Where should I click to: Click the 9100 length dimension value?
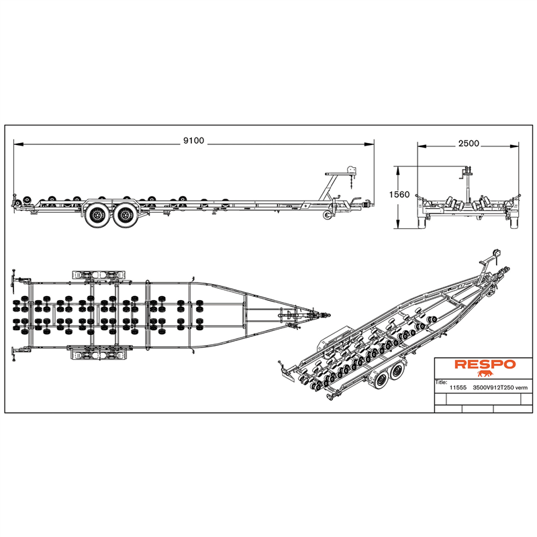tap(193, 141)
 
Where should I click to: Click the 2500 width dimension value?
tap(469, 144)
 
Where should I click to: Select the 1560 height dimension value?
tap(399, 195)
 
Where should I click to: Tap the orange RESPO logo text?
tap(485, 364)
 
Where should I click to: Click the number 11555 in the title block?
tap(458, 388)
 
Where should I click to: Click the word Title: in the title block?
tap(441, 382)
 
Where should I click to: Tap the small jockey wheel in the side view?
tap(328, 215)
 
